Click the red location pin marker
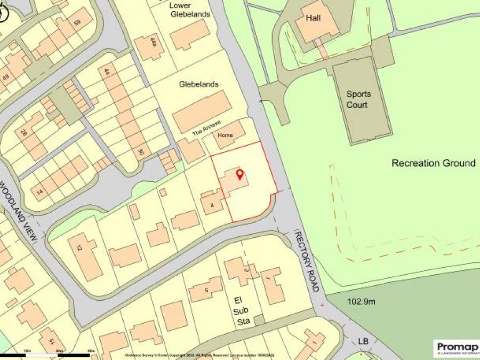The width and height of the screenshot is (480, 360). (239, 174)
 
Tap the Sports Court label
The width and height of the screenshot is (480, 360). (358, 99)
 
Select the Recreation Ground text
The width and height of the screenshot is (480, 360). (433, 163)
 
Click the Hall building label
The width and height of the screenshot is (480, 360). (313, 18)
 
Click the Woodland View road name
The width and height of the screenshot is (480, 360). (19, 211)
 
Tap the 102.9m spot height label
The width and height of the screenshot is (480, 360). (362, 302)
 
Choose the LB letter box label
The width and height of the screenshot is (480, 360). (363, 341)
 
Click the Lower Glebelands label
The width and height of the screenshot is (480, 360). (190, 10)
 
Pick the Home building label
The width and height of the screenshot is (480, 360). (225, 136)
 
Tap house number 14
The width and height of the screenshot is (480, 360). (39, 190)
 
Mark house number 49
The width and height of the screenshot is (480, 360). (5, 77)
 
